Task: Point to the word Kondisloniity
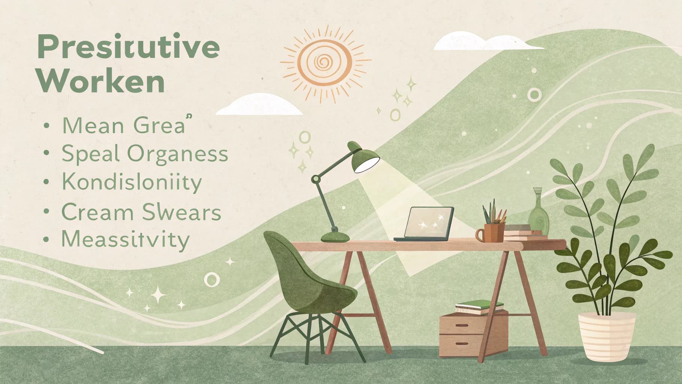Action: point(132,183)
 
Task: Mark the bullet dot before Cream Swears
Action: point(46,212)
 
